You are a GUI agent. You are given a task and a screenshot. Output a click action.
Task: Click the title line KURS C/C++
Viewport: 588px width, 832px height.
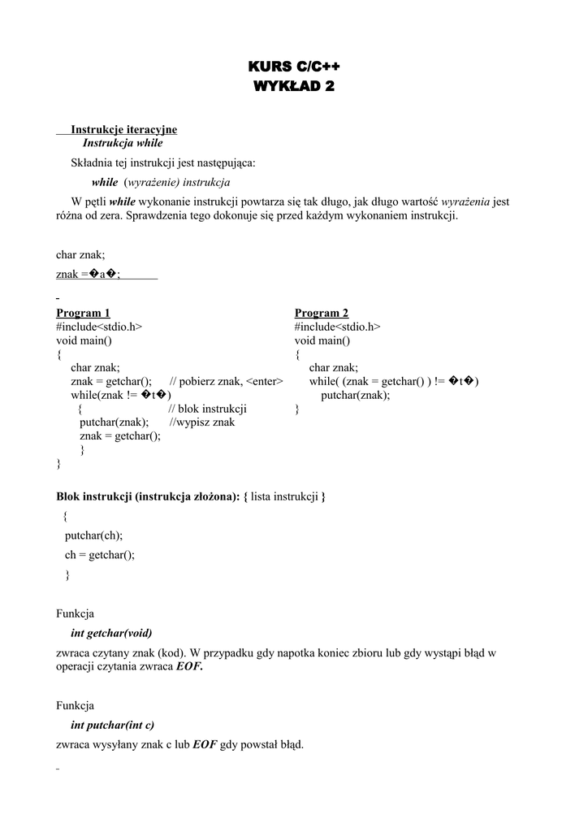pos(294,67)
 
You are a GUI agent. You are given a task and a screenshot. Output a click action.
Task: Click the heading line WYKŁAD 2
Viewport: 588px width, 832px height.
pos(294,86)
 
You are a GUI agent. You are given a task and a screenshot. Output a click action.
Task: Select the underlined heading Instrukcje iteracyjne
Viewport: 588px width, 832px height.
pos(123,129)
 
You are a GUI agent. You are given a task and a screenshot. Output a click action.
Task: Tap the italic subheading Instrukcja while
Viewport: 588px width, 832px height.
pos(123,143)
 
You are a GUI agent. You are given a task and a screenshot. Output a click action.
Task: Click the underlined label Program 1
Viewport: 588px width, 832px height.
pos(83,313)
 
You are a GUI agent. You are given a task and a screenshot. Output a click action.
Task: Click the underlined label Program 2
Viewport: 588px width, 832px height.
pos(322,313)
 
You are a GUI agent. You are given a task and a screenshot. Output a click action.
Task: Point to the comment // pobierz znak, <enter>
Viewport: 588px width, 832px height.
pos(226,381)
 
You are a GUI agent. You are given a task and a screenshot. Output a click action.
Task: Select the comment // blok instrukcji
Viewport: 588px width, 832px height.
pos(207,409)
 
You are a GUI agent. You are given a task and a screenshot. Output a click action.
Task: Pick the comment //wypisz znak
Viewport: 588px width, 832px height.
pos(202,422)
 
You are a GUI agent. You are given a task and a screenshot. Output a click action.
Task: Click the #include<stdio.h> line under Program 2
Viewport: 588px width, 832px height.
pos(337,327)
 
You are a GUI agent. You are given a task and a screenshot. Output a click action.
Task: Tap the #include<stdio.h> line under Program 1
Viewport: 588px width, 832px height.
pos(99,327)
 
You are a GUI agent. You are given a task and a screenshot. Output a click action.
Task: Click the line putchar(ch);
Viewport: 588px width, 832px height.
pos(93,535)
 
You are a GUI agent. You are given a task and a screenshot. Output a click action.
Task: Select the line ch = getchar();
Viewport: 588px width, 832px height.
pos(100,555)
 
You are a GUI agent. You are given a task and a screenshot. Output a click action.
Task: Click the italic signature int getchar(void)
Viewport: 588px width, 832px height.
pos(111,633)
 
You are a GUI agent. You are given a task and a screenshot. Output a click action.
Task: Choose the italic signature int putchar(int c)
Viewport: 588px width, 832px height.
pos(112,725)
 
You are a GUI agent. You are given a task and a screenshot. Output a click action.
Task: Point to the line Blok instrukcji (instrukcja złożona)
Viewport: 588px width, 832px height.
pos(191,496)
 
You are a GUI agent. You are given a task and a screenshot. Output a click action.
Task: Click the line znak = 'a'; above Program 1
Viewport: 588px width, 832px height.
pos(89,274)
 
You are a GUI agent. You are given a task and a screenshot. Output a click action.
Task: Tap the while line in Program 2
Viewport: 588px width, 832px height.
pos(394,381)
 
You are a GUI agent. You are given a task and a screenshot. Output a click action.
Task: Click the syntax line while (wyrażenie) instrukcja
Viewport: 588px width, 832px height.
pos(161,182)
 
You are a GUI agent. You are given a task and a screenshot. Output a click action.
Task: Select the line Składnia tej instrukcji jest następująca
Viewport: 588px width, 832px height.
pos(163,162)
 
